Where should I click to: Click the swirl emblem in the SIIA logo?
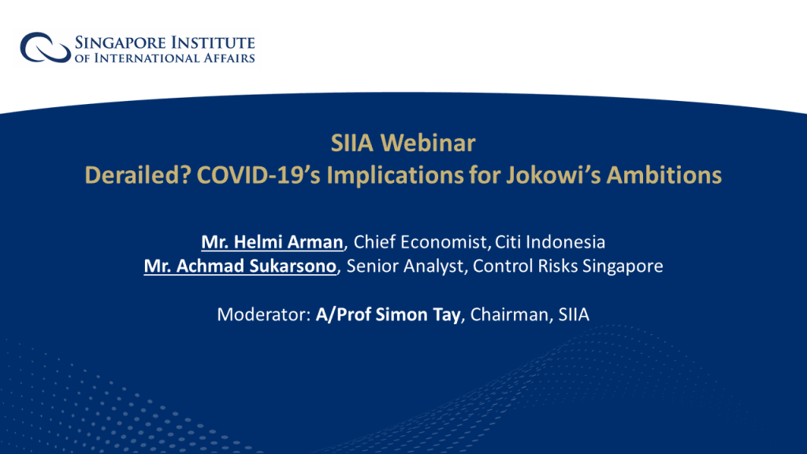pyautogui.click(x=45, y=47)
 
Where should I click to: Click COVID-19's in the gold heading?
pyautogui.click(x=258, y=175)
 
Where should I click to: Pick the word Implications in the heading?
pyautogui.click(x=396, y=176)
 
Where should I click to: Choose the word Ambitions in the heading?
pyautogui.click(x=664, y=175)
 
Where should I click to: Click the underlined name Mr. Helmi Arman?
pyautogui.click(x=272, y=242)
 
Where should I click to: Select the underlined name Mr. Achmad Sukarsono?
pyautogui.click(x=240, y=266)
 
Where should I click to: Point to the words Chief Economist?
pyautogui.click(x=420, y=242)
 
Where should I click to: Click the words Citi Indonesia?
pyautogui.click(x=550, y=242)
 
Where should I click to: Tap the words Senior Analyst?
pyautogui.click(x=404, y=266)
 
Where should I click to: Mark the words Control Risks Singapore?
pyautogui.click(x=567, y=266)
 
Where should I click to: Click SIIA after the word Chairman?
pyautogui.click(x=574, y=314)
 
